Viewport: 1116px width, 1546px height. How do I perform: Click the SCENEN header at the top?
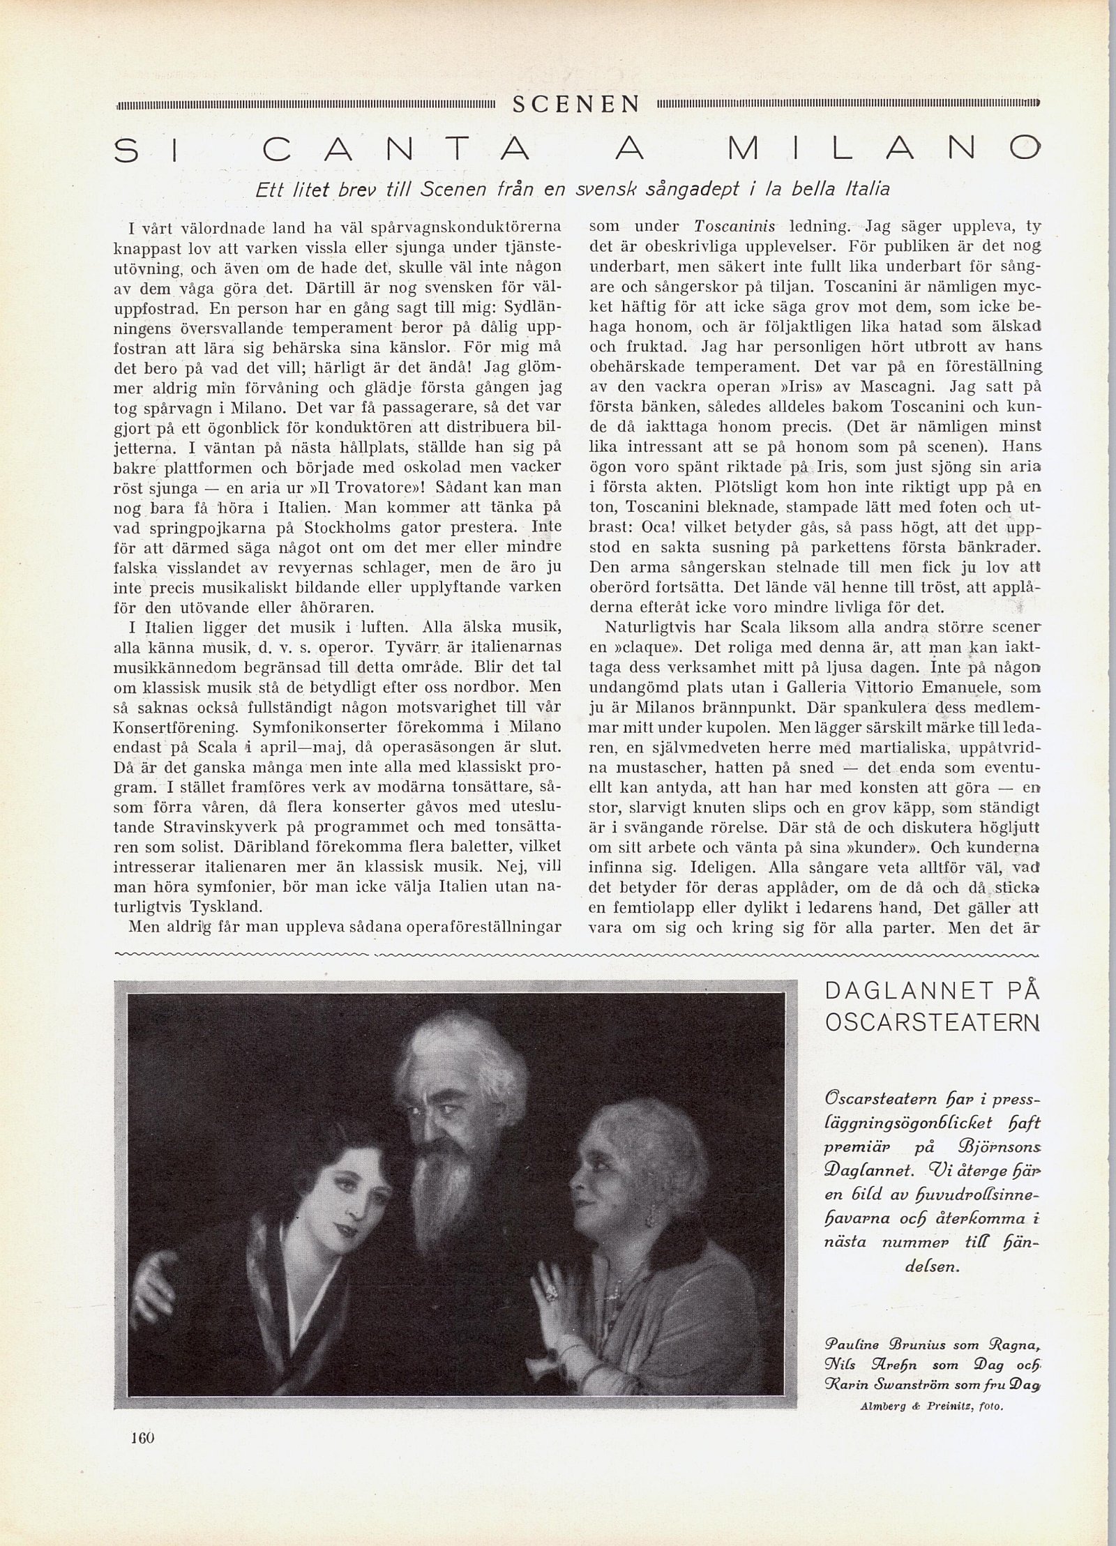[576, 104]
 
